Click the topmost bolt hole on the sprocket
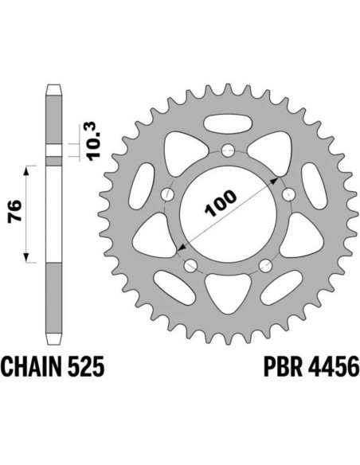(228, 149)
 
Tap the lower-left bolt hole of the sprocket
(190, 266)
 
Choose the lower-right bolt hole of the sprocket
(266, 266)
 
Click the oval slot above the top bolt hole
(228, 124)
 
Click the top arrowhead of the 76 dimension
(29, 170)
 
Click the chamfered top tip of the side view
(54, 87)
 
